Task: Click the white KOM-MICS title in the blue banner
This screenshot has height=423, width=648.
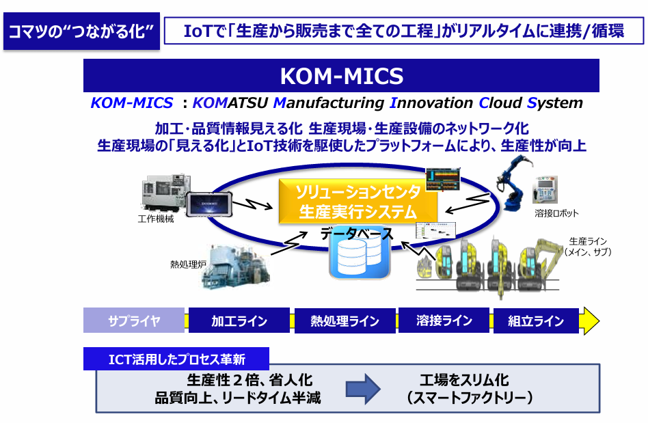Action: coord(341,75)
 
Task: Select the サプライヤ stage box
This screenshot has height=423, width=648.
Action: coord(134,320)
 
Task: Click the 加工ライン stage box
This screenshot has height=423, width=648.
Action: coord(239,320)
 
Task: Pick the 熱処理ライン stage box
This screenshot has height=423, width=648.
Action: coord(345,320)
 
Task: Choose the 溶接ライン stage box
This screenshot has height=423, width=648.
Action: coord(444,320)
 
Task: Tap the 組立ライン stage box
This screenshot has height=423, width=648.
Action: coord(536,320)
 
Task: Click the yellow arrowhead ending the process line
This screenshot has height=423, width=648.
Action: coord(589,320)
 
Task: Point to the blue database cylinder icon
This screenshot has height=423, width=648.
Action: coord(355,259)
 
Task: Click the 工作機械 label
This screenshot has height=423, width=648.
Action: coord(155,219)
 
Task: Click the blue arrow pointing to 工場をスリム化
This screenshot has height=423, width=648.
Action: coord(362,388)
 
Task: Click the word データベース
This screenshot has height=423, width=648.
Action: coord(357,234)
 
